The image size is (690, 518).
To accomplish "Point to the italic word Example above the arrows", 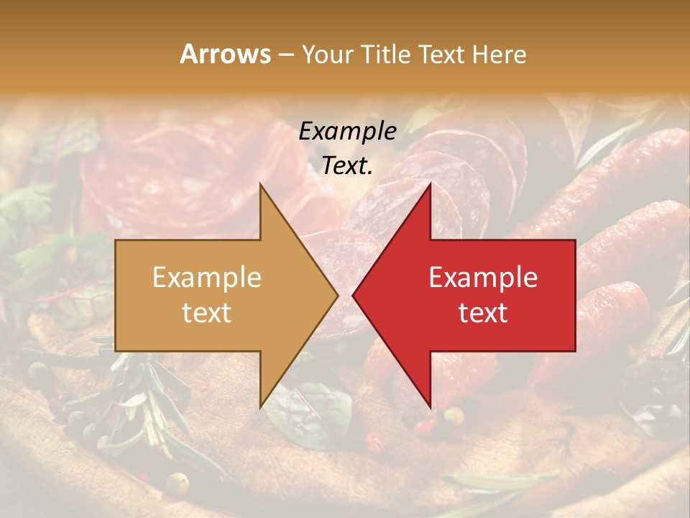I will (347, 131).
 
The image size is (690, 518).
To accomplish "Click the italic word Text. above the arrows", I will (347, 165).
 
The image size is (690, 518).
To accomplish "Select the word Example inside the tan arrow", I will (206, 277).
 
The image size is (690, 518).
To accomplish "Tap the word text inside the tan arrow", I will (206, 312).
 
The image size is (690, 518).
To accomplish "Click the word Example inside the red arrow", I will (483, 277).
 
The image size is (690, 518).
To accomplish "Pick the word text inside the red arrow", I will (483, 312).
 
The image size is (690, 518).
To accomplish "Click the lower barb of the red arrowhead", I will (429, 404).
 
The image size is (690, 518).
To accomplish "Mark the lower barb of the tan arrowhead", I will (262, 404).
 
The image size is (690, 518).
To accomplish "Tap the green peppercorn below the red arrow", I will (453, 414).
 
